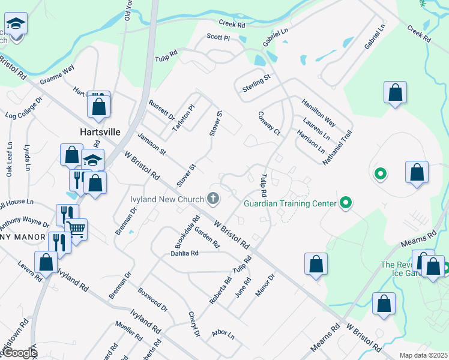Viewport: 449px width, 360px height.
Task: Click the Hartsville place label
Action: click(100, 131)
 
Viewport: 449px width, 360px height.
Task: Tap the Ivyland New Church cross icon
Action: click(212, 198)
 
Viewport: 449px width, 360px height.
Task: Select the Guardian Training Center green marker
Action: click(345, 203)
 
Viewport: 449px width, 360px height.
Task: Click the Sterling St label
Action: click(256, 83)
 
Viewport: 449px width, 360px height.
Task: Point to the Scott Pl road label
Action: click(218, 37)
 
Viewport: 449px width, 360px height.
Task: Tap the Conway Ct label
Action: click(269, 122)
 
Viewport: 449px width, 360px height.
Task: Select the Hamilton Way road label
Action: click(318, 113)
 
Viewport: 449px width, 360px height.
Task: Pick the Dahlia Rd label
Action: click(184, 253)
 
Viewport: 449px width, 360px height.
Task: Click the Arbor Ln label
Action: click(223, 333)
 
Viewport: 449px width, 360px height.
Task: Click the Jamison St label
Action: click(151, 145)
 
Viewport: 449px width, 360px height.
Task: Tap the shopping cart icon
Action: click(76, 228)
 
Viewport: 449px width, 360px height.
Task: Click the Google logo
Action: click(20, 353)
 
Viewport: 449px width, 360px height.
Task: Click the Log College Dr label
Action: click(23, 107)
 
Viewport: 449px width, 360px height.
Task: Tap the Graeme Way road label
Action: click(56, 75)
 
